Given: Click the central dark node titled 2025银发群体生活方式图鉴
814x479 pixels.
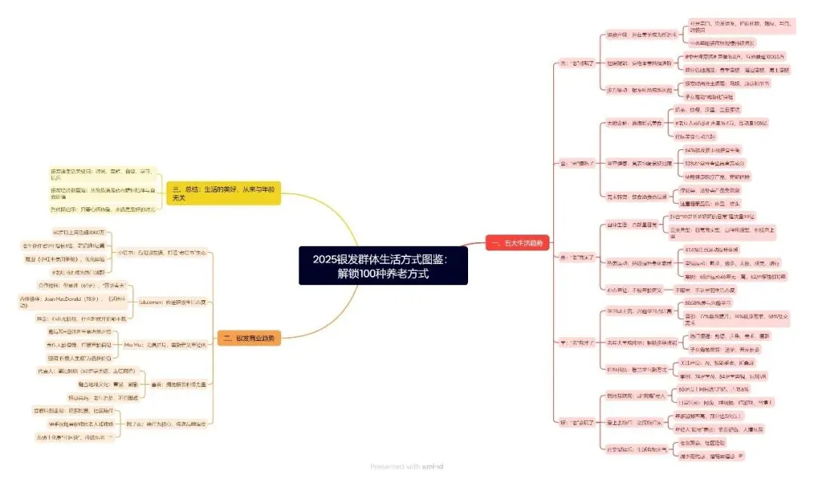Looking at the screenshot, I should click(383, 266).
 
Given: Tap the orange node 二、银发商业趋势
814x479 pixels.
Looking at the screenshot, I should click(248, 339).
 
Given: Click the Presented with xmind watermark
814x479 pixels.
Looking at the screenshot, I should click(406, 467).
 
